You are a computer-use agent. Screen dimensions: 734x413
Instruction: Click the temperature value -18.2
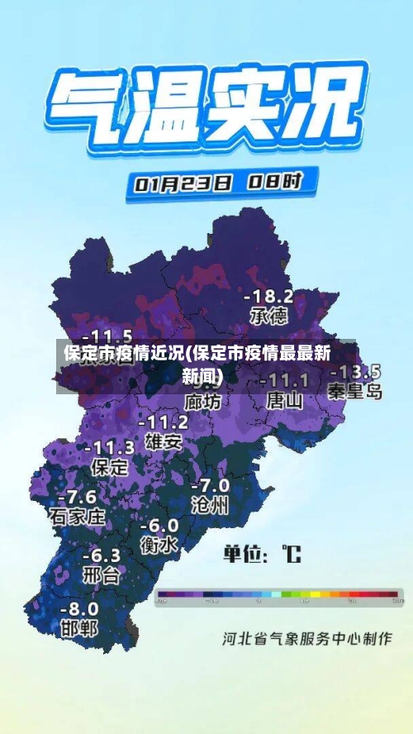tap(269, 295)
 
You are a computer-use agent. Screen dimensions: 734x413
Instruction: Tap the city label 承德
tap(269, 316)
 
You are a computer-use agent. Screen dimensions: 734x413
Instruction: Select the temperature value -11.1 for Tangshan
tap(284, 380)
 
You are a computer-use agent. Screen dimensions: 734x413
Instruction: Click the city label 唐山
tap(285, 401)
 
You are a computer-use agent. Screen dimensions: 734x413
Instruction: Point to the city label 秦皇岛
tap(355, 391)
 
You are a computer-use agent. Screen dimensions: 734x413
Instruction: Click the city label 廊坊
tap(203, 402)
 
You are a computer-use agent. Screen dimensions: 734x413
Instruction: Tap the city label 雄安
tap(163, 441)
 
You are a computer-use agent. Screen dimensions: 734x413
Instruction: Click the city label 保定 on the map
tap(110, 467)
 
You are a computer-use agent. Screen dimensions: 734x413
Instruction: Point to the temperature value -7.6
tap(77, 497)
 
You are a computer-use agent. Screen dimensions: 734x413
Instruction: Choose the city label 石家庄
tap(78, 517)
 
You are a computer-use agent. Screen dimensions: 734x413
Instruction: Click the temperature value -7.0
tap(210, 485)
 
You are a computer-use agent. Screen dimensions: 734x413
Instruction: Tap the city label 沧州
tap(210, 505)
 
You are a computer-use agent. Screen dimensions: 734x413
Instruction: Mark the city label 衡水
tap(159, 546)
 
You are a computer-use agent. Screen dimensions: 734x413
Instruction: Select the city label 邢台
tap(101, 574)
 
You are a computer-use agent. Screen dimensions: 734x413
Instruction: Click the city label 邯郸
tap(79, 628)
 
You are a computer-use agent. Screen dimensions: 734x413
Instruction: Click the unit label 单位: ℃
tap(263, 553)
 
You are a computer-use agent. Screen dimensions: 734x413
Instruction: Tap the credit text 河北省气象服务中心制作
tap(306, 638)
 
